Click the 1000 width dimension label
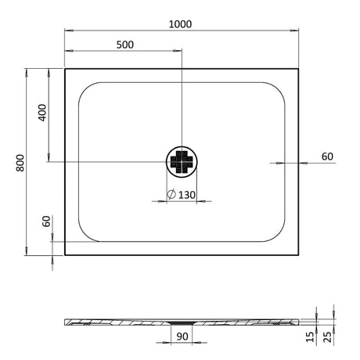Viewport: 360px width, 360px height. (180, 24)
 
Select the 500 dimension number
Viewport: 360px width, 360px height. (125, 45)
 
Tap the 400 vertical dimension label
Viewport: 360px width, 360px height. (42, 113)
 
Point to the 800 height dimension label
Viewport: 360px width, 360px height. (20, 163)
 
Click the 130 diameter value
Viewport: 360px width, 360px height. (186, 195)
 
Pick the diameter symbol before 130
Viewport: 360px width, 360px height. (171, 194)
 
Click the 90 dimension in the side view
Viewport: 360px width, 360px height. (182, 337)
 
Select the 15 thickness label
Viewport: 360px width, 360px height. (310, 337)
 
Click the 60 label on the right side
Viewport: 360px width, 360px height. (327, 157)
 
